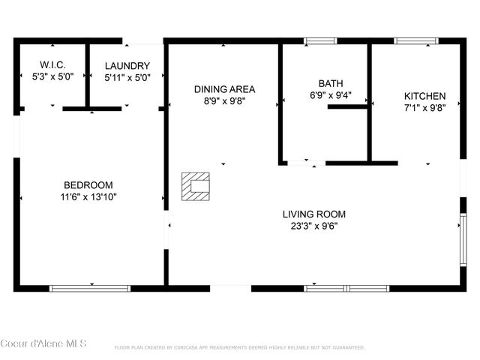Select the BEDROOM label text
[88, 185]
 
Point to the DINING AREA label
[220, 89]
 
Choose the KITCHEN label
[425, 97]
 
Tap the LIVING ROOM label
[314, 214]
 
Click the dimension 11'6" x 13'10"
[88, 196]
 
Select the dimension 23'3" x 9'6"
[314, 225]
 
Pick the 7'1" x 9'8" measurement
[425, 107]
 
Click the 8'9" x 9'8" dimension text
[220, 100]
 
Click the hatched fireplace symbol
[195, 186]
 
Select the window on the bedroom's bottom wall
[90, 288]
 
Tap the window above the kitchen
[416, 40]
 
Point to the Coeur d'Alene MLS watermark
[43, 343]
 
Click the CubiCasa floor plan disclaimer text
[239, 348]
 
